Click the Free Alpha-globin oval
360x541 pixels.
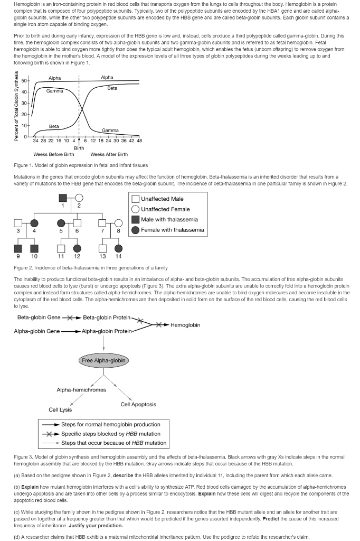104,360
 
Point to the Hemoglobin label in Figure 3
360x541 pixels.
185,324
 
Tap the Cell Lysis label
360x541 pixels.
60,409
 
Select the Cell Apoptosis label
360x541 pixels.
138,404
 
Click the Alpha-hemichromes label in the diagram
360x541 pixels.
81,390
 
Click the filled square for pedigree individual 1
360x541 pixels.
63,199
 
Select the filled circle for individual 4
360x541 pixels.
35,223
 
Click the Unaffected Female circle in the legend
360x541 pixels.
136,209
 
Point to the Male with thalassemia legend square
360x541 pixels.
136,219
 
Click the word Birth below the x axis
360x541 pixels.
79,147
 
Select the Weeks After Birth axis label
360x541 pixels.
109,154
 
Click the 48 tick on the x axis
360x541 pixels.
139,141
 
